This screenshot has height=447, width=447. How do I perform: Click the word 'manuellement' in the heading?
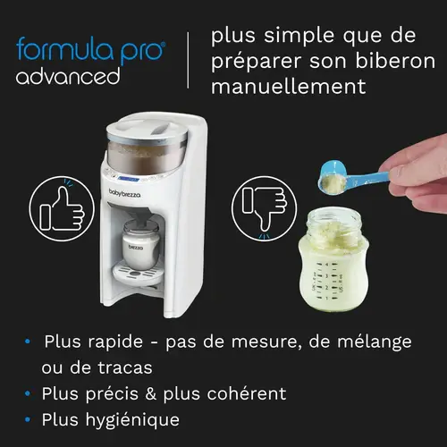tap(289, 87)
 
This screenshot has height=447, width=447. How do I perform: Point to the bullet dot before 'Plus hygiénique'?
tap(30, 418)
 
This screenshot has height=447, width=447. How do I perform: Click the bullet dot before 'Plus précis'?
tap(30, 393)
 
